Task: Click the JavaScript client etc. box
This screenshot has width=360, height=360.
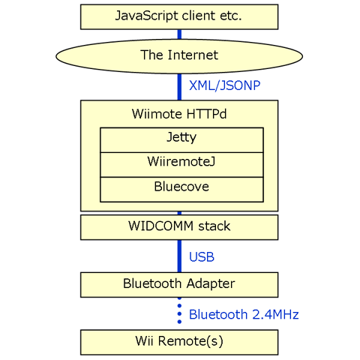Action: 179,16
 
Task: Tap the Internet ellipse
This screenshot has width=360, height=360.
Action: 179,56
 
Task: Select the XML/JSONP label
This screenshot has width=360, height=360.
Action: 225,85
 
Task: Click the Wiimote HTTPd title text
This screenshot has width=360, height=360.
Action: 179,114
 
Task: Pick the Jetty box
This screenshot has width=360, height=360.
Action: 181,140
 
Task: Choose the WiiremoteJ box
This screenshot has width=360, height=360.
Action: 181,165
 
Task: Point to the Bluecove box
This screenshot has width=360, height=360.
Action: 181,190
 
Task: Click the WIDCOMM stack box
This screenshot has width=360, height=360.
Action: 179,227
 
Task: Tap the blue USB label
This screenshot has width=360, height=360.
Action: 202,257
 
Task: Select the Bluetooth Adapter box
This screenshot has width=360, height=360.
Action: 179,285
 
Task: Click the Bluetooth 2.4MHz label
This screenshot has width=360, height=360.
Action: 244,314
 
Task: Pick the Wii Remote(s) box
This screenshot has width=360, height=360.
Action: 179,342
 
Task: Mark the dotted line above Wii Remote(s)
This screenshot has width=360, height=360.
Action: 179,313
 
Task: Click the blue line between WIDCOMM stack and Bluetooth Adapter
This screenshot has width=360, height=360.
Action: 179,256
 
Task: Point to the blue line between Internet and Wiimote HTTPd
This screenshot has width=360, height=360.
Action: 179,87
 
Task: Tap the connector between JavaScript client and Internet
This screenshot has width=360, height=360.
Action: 179,34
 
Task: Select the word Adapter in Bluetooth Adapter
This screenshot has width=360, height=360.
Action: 211,284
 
